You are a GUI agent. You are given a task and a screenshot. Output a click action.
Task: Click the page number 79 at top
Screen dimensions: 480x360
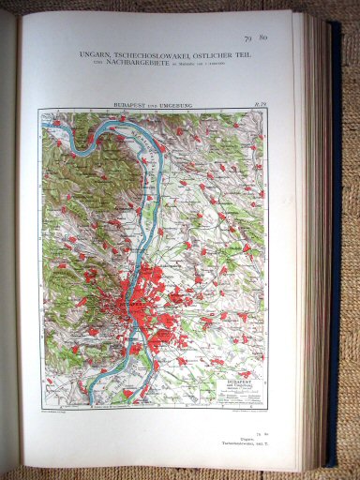point(247,38)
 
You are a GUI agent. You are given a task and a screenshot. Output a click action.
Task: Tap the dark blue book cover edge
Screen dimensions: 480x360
point(335,234)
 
